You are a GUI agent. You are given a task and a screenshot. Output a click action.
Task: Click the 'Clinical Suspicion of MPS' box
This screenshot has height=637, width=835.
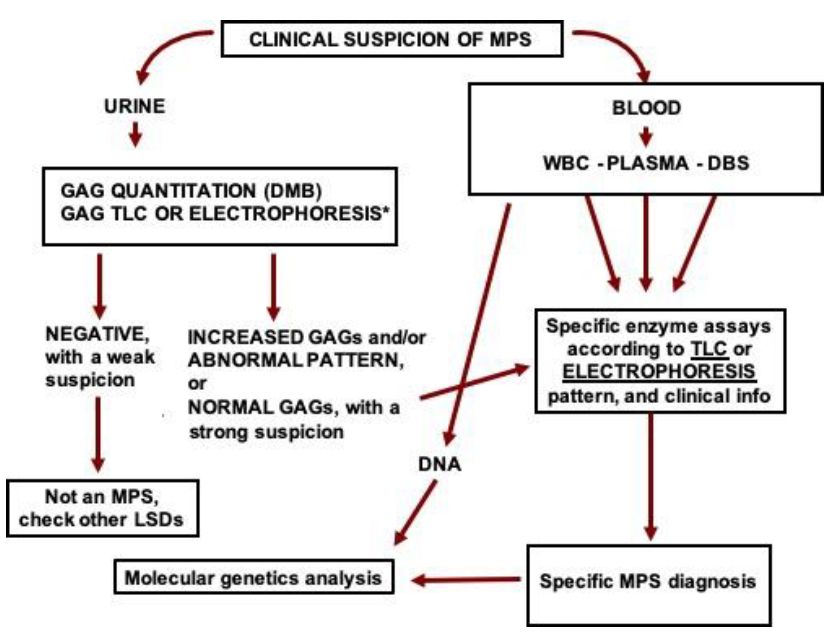tap(392, 39)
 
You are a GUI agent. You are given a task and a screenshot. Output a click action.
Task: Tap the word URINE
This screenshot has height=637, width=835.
tap(135, 106)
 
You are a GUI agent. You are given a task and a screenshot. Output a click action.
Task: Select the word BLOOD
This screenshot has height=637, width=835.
tap(646, 108)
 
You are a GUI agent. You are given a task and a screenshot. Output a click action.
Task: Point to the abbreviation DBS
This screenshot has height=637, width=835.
tap(728, 163)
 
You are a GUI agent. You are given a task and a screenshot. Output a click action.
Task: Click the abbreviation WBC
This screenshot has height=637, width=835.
tap(566, 163)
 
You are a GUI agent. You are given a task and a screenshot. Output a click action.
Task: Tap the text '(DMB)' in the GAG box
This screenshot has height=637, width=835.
tap(292, 191)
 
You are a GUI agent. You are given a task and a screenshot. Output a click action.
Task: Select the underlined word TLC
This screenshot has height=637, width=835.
tap(708, 349)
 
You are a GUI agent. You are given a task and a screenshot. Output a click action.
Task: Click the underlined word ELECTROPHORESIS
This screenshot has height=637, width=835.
tap(659, 372)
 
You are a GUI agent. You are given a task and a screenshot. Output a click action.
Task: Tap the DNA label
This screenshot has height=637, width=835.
tap(439, 465)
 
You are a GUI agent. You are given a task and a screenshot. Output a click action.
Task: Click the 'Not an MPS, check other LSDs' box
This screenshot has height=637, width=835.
tap(102, 508)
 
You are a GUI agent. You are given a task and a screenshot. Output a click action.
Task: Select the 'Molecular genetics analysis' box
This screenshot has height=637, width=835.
tap(253, 579)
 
